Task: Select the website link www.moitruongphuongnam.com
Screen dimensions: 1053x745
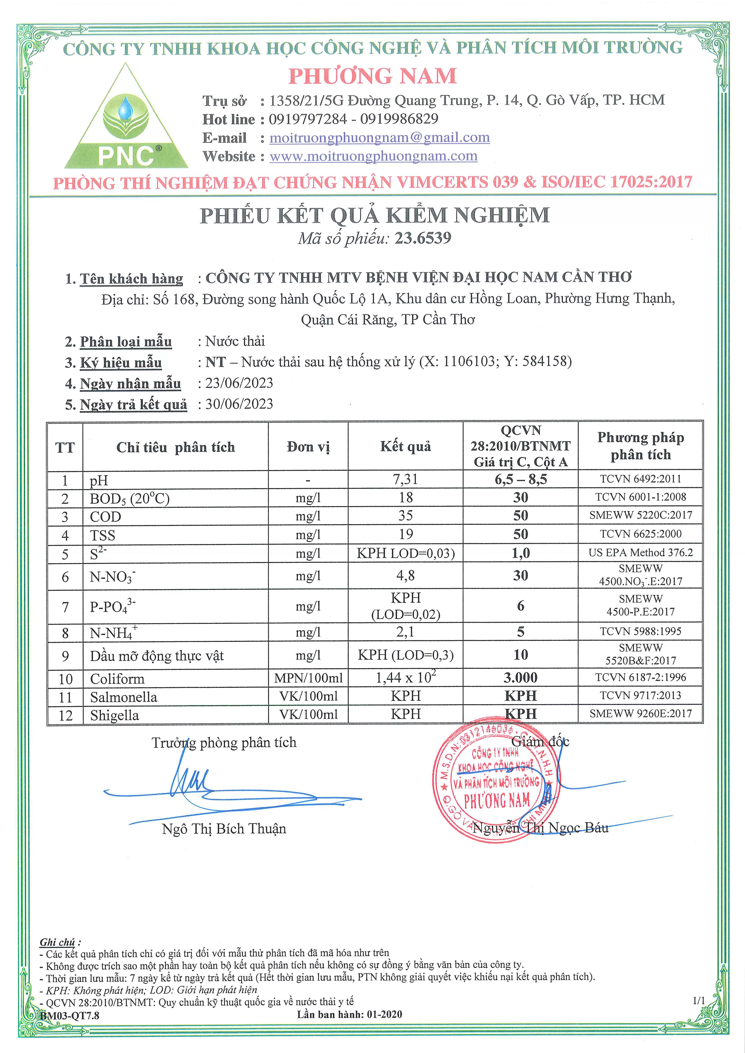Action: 373,156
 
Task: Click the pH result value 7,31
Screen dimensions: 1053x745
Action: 405,479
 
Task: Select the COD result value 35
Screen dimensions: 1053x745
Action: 405,516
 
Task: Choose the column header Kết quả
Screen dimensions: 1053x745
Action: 405,446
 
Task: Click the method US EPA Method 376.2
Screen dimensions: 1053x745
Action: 640,553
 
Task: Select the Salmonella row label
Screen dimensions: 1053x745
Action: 123,697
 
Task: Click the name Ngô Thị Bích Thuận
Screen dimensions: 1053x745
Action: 224,829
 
